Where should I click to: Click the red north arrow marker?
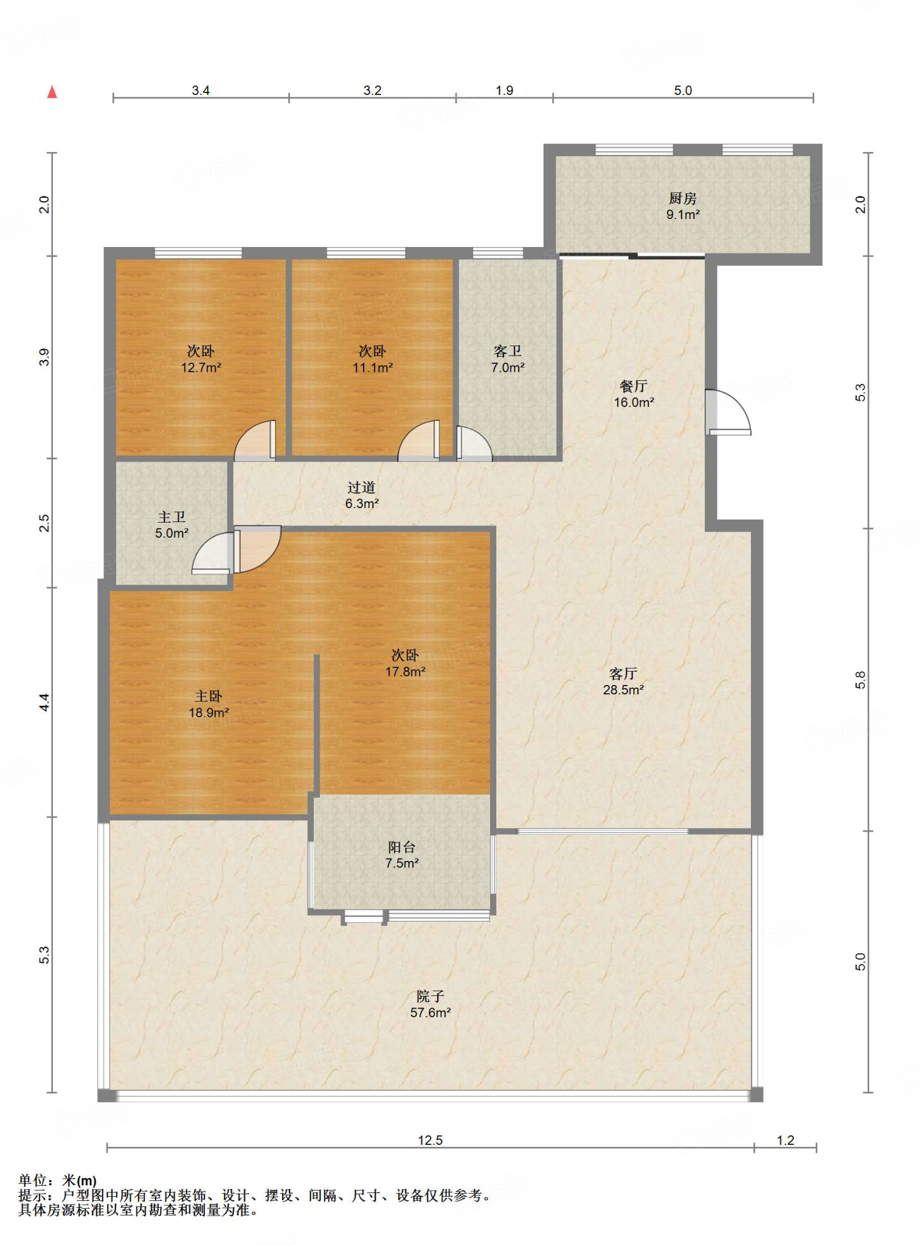[x=52, y=92]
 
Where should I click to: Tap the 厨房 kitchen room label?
[x=682, y=198]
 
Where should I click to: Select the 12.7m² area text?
[x=201, y=367]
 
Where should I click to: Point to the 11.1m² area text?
[x=372, y=367]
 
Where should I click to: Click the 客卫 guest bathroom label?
[x=508, y=351]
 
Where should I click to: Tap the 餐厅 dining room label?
[x=634, y=386]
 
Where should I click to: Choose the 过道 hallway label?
[x=362, y=487]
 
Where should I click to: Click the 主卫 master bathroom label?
[x=171, y=517]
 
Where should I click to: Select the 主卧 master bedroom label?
[x=209, y=696]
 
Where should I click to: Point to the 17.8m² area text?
[x=405, y=672]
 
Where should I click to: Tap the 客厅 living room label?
[x=623, y=673]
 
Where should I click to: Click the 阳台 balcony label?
[x=402, y=847]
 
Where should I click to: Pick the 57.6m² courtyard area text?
[x=431, y=1012]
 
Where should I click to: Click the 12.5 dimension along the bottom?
[x=430, y=1140]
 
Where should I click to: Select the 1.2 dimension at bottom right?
[x=786, y=1140]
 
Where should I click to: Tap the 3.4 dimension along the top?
[x=201, y=91]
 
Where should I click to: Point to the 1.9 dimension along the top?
[x=504, y=91]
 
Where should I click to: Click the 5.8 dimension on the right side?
[x=860, y=680]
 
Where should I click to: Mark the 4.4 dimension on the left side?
[x=44, y=703]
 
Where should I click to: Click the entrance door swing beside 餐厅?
[x=728, y=412]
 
